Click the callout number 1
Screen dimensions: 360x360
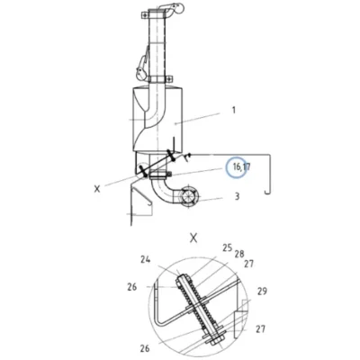point(234,111)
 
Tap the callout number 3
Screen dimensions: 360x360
point(237,196)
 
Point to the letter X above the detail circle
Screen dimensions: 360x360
point(194,238)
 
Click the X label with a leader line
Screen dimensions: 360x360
point(97,189)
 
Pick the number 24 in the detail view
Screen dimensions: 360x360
point(146,259)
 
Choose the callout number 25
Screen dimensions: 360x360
point(228,247)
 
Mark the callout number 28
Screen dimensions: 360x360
point(239,254)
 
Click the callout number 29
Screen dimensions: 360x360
point(262,291)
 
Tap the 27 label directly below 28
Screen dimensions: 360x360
point(248,264)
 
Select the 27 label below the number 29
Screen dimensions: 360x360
point(260,328)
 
